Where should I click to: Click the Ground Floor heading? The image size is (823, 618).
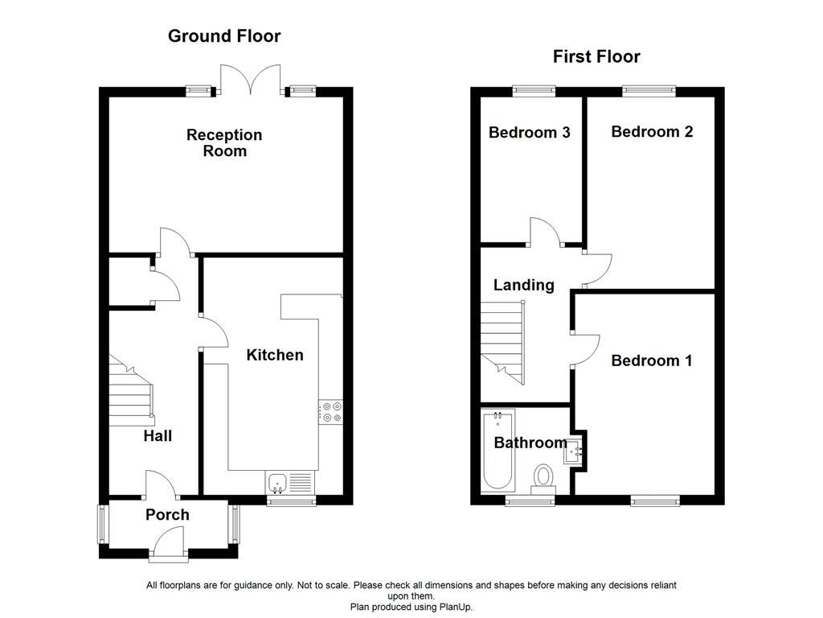[x=224, y=36]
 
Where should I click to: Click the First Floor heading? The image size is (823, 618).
[x=596, y=56]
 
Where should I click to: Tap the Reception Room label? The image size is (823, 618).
[x=224, y=142]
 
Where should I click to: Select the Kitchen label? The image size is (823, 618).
[x=275, y=355]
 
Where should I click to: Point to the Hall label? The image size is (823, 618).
[x=158, y=436]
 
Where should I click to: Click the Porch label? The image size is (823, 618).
[x=167, y=515]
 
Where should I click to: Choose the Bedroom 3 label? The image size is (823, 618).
[x=530, y=133]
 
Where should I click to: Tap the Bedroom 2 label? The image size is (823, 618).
[x=652, y=132]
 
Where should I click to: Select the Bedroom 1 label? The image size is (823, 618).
[x=651, y=360]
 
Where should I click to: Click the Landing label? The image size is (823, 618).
[x=523, y=285]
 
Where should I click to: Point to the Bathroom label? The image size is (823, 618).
[x=530, y=443]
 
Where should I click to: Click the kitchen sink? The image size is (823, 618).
[x=278, y=483]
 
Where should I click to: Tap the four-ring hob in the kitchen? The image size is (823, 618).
[x=330, y=411]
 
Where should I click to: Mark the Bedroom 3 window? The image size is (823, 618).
[x=534, y=91]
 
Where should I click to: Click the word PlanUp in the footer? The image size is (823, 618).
[x=455, y=607]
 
